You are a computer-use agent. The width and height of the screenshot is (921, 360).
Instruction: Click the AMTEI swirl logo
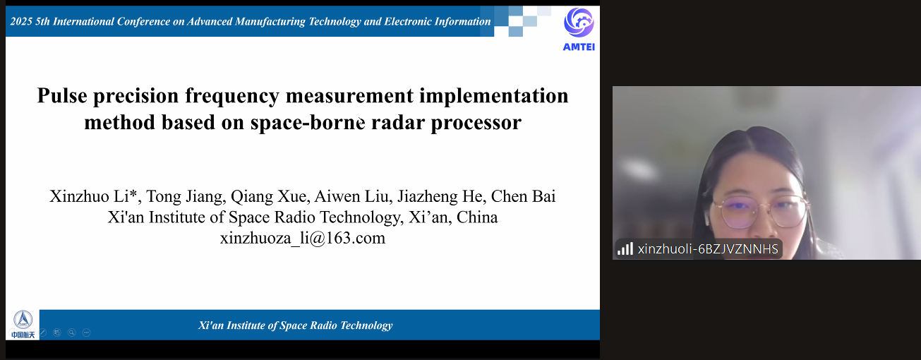pos(579,23)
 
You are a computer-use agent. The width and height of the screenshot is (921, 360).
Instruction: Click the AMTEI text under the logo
pos(579,47)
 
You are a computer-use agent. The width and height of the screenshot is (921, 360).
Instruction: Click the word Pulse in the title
pos(62,96)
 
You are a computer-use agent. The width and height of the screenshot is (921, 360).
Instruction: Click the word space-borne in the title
pos(308,123)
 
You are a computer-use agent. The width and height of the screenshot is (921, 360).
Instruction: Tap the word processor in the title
pos(476,124)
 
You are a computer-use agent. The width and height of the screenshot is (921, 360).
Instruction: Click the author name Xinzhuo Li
pos(92,196)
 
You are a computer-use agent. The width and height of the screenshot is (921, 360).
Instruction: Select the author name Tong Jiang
pos(186,197)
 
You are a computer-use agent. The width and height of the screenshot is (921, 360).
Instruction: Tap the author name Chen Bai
pos(523,196)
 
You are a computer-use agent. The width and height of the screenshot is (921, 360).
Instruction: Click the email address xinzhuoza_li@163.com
pos(303,238)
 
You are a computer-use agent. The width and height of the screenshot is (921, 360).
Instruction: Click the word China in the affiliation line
pos(477,217)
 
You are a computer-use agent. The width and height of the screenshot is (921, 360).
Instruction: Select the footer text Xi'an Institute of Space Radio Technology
pos(295,325)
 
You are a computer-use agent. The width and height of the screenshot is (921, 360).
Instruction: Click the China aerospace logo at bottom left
pos(23,325)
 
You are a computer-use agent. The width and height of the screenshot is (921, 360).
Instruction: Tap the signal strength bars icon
pos(625,248)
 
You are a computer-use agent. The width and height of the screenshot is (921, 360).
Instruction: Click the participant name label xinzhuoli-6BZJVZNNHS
pos(708,249)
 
